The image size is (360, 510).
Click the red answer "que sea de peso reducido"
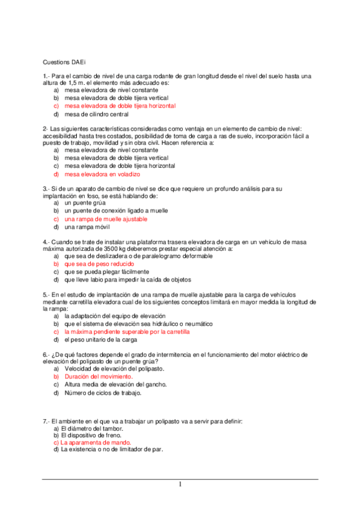[x=99, y=264]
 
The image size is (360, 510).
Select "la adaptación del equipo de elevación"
[x=115, y=316]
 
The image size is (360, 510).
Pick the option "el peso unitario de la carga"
[x=97, y=339]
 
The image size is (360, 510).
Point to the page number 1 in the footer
[x=180, y=484]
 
